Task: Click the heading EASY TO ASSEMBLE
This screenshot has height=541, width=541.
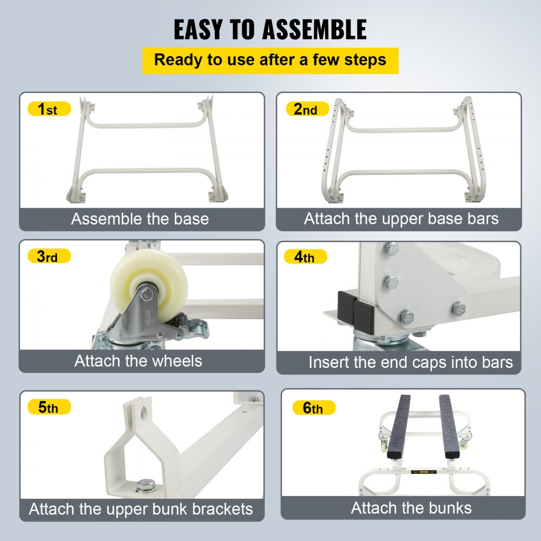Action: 270,30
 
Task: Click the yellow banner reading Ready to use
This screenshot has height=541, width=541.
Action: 270,60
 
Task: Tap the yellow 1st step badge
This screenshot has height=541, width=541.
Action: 48,109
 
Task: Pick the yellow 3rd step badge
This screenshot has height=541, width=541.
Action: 48,256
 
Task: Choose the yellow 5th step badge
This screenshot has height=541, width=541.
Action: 48,407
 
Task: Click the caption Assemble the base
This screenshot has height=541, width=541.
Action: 140,219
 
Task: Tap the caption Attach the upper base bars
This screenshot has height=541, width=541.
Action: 401,219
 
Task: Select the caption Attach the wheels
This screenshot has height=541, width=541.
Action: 138,361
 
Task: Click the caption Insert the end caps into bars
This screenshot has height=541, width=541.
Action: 411,362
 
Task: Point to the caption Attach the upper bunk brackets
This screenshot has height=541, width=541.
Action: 141,509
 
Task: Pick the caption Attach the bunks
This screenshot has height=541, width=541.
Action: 411,508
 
